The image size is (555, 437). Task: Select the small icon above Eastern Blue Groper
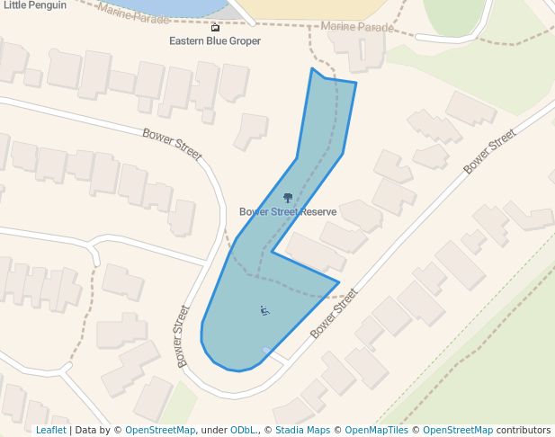coord(215,28)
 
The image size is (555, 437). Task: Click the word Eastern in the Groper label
coord(190,41)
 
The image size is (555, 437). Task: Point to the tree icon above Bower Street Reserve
coord(288,198)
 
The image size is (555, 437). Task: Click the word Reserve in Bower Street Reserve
coord(318,212)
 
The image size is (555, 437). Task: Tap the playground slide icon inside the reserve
coord(264,311)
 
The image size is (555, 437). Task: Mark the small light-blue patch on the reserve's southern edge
coord(266,350)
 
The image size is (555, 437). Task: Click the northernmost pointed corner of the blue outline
coord(312,69)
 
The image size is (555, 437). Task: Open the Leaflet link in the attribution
coord(50,431)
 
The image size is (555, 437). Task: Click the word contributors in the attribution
coord(524,431)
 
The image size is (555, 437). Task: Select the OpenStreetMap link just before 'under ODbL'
coord(160,431)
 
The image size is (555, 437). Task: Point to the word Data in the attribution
coord(87,431)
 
